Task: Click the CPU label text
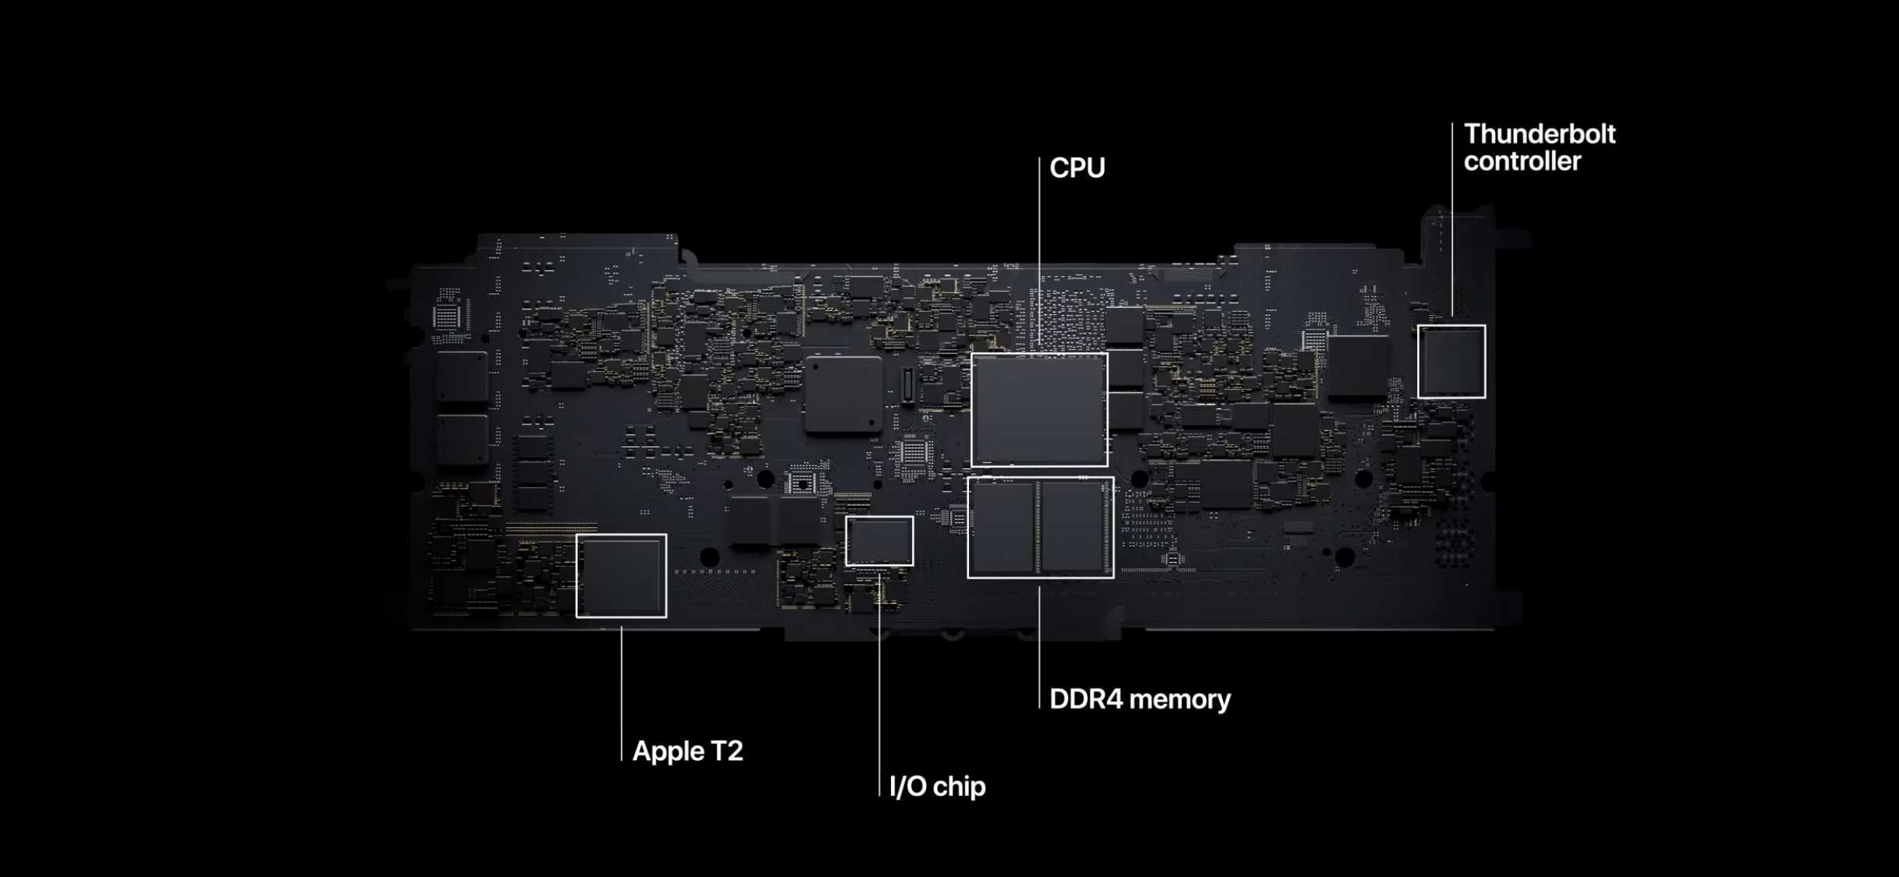coord(1077,168)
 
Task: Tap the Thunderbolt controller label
coord(1539,147)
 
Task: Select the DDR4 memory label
coord(1140,699)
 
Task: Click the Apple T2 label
coord(687,751)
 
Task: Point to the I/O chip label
coord(937,786)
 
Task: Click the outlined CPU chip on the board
coord(1039,410)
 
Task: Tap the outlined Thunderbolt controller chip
coord(1451,362)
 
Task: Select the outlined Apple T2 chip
coord(621,576)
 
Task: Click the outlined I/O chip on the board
coord(879,541)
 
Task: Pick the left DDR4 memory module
coord(1003,527)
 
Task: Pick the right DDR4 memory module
coord(1073,527)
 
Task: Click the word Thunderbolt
coord(1539,134)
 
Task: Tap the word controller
coord(1522,161)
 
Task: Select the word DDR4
coord(1084,699)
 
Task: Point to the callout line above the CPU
coord(1039,249)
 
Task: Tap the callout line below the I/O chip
coord(879,686)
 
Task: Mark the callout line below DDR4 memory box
coord(1039,647)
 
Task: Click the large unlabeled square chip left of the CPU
coord(843,394)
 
